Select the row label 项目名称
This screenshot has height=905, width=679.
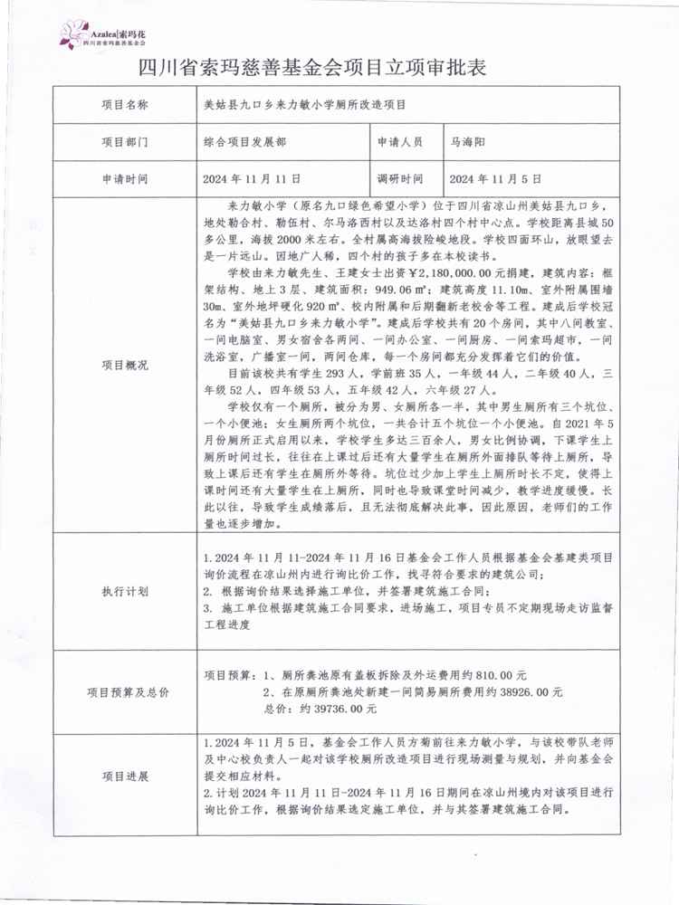coord(125,104)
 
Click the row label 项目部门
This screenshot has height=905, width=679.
coord(125,142)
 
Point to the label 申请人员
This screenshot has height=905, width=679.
coord(399,142)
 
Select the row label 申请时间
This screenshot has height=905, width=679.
coord(125,179)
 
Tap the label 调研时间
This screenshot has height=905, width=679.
coord(399,179)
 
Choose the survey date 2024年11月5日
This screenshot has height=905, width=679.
coord(496,179)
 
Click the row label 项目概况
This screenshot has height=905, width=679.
coord(125,365)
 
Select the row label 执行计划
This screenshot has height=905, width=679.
coord(125,590)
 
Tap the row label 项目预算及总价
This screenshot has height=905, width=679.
coord(125,691)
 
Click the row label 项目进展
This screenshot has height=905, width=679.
coord(125,776)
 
